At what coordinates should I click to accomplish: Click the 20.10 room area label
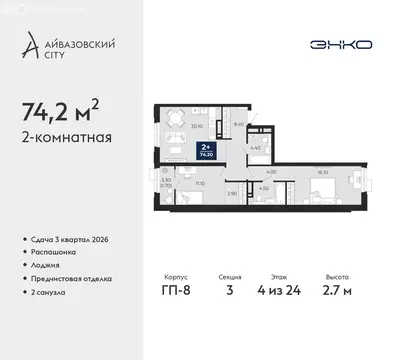point(197,127)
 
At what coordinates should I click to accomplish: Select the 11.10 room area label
point(200,182)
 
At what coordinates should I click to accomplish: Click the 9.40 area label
point(237,124)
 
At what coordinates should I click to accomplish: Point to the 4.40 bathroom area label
point(255,149)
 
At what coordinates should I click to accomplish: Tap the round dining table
point(175,119)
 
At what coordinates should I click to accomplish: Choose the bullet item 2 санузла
point(47,291)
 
